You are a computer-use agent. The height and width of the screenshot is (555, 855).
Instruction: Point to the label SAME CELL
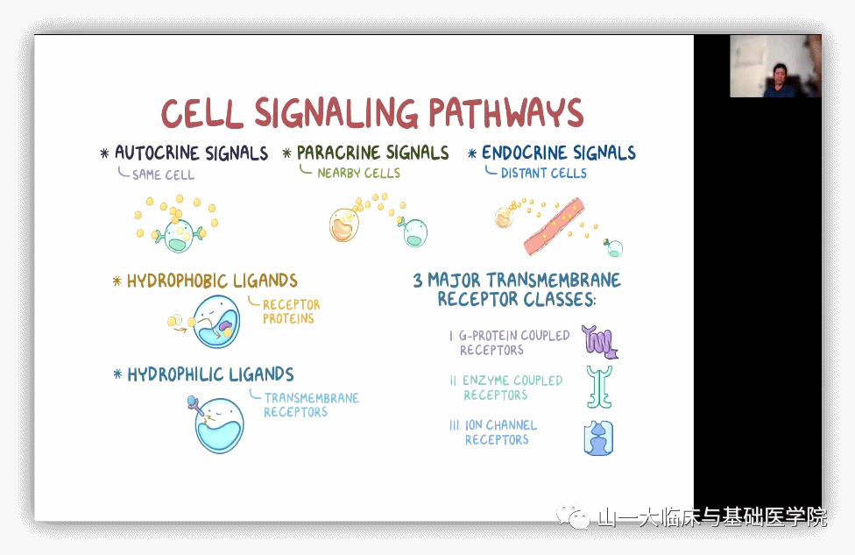pyautogui.click(x=163, y=174)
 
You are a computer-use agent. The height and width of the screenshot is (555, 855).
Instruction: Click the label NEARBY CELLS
pyautogui.click(x=358, y=174)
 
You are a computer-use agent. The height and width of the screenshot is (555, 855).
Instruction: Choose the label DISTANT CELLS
pyautogui.click(x=543, y=174)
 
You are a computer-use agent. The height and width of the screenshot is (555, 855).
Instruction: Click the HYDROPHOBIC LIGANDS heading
pyautogui.click(x=212, y=281)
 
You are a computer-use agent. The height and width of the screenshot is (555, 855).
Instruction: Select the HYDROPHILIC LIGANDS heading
pyautogui.click(x=210, y=375)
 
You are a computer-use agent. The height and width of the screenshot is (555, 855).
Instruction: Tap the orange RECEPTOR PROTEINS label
pyautogui.click(x=292, y=311)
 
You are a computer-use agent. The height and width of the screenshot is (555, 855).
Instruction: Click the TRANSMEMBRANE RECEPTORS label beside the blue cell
pyautogui.click(x=311, y=405)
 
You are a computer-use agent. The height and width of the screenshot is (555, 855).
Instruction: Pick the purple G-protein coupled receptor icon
pyautogui.click(x=600, y=341)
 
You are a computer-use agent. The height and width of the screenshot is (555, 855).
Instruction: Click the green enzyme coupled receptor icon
pyautogui.click(x=599, y=387)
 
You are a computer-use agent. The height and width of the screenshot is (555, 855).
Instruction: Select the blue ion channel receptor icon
pyautogui.click(x=598, y=438)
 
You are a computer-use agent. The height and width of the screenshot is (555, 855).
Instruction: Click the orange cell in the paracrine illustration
pyautogui.click(x=343, y=225)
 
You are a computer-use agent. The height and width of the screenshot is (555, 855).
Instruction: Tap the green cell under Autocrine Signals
pyautogui.click(x=179, y=235)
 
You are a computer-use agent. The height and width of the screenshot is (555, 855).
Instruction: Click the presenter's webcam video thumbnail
pyautogui.click(x=775, y=66)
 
